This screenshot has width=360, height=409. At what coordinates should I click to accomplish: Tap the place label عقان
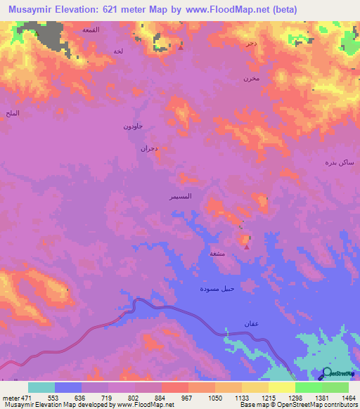point(232,323)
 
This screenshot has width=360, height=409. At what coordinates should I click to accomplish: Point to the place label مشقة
point(217,253)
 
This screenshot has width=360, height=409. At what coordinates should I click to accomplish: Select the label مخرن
point(251,78)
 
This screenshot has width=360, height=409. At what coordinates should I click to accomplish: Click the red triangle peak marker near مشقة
point(246,246)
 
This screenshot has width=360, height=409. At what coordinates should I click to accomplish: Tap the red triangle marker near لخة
point(181,48)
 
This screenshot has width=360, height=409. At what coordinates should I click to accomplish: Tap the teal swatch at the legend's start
point(41,387)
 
